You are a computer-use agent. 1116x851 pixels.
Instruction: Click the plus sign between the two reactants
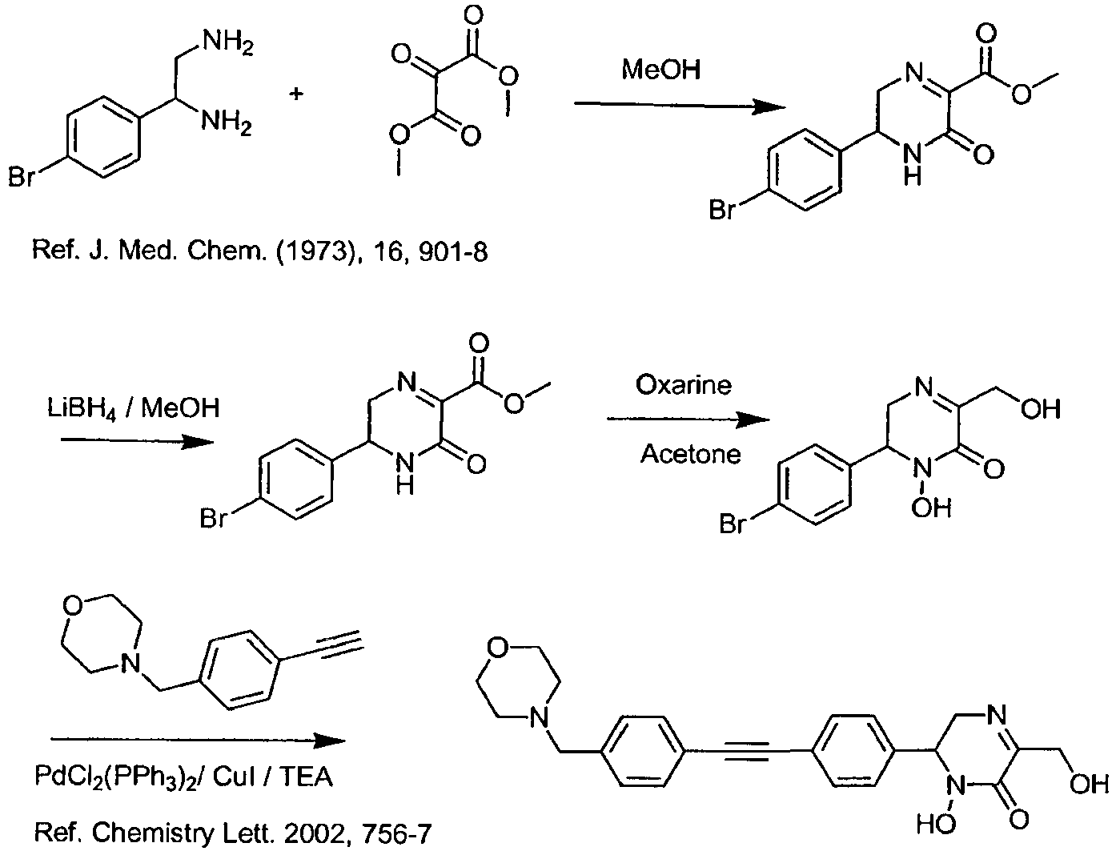(296, 94)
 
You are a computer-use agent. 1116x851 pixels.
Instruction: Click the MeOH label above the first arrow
(661, 69)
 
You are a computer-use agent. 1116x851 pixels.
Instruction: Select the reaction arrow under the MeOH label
(680, 106)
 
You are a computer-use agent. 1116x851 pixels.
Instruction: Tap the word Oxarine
(684, 385)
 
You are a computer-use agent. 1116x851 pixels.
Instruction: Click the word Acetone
(690, 453)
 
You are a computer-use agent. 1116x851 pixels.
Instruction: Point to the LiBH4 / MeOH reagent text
(134, 408)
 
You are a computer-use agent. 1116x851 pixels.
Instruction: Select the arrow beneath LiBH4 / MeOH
(137, 441)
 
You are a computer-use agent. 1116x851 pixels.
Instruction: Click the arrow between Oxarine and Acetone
(688, 420)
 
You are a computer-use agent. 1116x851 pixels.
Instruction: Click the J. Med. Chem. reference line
(260, 251)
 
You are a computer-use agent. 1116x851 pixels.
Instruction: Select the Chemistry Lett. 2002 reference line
(232, 833)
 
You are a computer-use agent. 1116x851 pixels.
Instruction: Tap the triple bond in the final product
(746, 750)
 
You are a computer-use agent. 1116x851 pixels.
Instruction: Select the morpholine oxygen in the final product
(496, 648)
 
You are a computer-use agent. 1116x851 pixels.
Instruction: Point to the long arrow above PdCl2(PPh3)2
(199, 741)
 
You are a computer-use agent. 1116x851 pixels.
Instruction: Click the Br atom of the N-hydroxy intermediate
(733, 524)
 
